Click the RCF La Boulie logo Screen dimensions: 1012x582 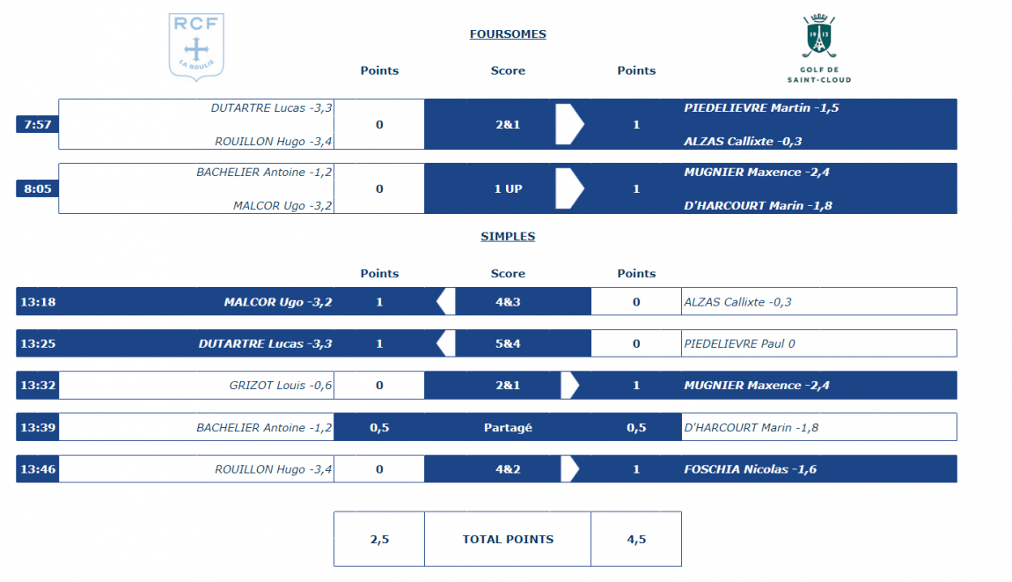point(196,48)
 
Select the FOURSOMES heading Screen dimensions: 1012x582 point(508,34)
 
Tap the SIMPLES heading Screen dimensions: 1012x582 point(508,237)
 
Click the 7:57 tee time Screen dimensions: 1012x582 point(38,125)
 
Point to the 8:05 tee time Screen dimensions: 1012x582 point(38,188)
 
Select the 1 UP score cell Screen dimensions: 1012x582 point(508,188)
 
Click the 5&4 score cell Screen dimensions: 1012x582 point(508,343)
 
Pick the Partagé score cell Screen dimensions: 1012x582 point(508,428)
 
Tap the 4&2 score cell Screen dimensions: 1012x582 point(508,469)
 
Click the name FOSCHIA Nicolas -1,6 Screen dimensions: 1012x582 point(750,469)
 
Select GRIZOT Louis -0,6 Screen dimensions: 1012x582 point(281,385)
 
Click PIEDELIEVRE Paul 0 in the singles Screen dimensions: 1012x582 point(739,343)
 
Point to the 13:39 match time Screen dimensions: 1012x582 point(38,428)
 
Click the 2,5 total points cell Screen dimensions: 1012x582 point(379,540)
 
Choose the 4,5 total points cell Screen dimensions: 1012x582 point(636,540)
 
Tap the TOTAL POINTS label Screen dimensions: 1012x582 point(508,540)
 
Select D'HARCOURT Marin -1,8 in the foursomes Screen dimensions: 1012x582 point(758,205)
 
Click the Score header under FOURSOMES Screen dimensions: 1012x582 point(508,70)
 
